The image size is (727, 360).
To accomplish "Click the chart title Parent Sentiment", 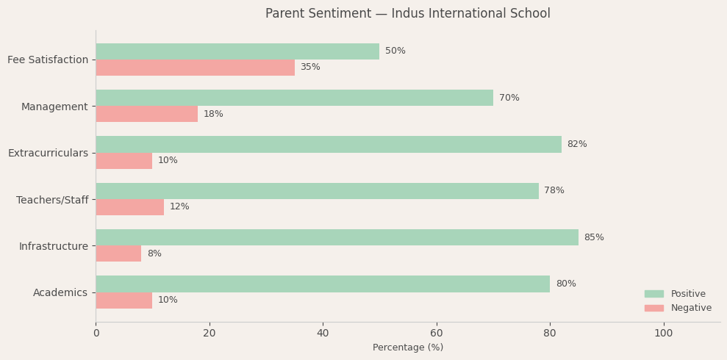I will tap(407, 14).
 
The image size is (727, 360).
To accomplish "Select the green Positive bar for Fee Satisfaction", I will tap(237, 51).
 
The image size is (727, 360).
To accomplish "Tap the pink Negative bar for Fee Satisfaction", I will tap(195, 68).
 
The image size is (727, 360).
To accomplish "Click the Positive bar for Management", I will tap(294, 98).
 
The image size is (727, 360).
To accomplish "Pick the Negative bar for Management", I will tap(146, 114).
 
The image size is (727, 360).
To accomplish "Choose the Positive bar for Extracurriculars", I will tap(329, 144).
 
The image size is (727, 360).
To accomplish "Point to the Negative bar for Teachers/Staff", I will tap(129, 207).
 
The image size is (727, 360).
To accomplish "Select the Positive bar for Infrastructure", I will tap(337, 237).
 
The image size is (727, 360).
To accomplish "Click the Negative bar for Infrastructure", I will tap(118, 253).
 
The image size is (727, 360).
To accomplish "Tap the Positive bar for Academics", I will tap(323, 284).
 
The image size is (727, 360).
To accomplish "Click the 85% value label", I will tap(594, 237).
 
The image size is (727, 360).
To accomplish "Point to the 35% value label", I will tap(310, 68).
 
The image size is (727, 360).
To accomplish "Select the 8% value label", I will tap(154, 253).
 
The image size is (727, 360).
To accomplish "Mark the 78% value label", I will tap(554, 191).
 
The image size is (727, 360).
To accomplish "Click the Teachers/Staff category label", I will tap(52, 200).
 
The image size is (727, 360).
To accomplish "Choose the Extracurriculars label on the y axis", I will tap(48, 153).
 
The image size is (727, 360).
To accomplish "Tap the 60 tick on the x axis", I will tap(437, 334).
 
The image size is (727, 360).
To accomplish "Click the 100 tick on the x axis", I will tap(663, 334).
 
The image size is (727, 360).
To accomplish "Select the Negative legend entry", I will tap(690, 308).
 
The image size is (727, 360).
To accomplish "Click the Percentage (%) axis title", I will tap(408, 348).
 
